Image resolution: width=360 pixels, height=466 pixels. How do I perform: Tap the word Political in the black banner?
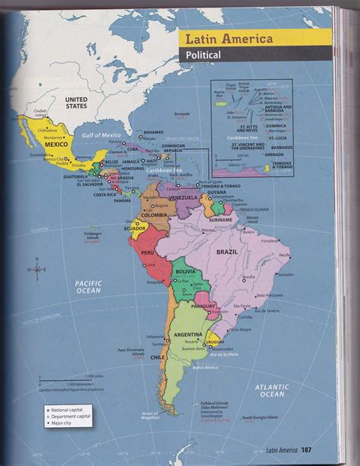point(201,55)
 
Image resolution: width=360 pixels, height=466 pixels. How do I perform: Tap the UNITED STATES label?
point(75,103)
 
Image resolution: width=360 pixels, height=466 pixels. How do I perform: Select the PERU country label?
point(147,252)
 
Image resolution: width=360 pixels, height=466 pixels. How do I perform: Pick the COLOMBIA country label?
point(154,215)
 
